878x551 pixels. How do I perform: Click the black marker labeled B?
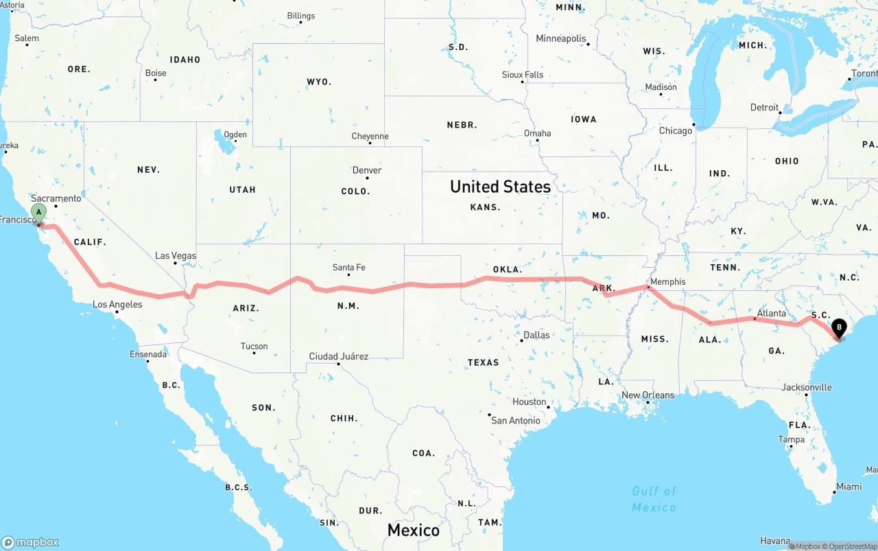(x=839, y=328)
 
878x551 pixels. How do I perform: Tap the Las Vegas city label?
(x=175, y=256)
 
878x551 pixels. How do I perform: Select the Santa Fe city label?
(x=348, y=268)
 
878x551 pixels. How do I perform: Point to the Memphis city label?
(x=667, y=281)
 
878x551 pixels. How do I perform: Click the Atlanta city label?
(x=771, y=314)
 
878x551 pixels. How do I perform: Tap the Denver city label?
(x=367, y=170)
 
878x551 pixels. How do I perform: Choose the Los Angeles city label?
(x=117, y=304)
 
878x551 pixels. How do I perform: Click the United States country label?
(x=500, y=187)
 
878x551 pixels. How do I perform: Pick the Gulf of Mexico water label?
(x=654, y=499)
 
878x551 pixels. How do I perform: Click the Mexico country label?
(x=413, y=530)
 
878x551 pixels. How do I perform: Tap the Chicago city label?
(x=676, y=130)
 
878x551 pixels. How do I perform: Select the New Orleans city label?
(x=648, y=395)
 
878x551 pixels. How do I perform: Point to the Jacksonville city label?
(x=807, y=387)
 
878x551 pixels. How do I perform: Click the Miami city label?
(x=849, y=486)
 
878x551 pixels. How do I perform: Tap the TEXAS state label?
(x=484, y=362)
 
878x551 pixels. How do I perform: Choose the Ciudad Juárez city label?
(x=338, y=356)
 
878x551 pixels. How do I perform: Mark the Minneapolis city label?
(x=561, y=38)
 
